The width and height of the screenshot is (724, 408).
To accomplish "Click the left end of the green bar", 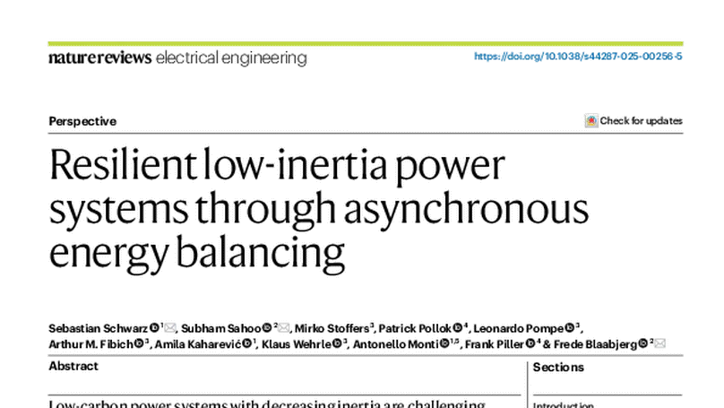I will [x=48, y=43].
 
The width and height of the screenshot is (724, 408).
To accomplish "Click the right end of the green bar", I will [x=683, y=43].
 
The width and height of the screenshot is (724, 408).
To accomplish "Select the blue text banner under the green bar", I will [x=580, y=56].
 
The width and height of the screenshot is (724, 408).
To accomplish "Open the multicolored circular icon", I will [x=591, y=120].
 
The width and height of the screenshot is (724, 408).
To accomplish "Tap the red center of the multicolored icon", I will [x=591, y=120].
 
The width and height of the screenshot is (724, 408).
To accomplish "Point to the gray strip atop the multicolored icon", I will [x=591, y=111].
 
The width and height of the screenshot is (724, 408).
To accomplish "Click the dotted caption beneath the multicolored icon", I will [x=591, y=130].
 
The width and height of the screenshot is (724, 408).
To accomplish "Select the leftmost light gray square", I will [x=170, y=326].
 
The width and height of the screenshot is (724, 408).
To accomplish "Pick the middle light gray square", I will [x=284, y=326].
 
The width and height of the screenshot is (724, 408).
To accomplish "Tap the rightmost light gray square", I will [x=663, y=344].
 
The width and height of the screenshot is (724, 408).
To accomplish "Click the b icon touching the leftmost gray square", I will [x=155, y=328].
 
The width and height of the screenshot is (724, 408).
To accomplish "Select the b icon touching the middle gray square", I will [x=267, y=328].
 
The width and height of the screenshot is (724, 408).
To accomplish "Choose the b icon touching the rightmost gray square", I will [x=643, y=343].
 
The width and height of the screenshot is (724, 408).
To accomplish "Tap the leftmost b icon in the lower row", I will [x=139, y=343].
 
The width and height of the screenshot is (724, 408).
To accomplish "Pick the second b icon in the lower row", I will [x=247, y=343].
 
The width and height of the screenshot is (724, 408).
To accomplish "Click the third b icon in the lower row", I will [x=337, y=343].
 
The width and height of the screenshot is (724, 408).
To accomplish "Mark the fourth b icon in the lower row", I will [x=444, y=343].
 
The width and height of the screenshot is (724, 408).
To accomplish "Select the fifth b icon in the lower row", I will [x=530, y=343].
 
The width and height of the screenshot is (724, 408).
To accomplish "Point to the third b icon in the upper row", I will [x=458, y=328].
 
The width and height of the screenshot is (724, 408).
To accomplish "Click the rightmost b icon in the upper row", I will [x=570, y=328].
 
